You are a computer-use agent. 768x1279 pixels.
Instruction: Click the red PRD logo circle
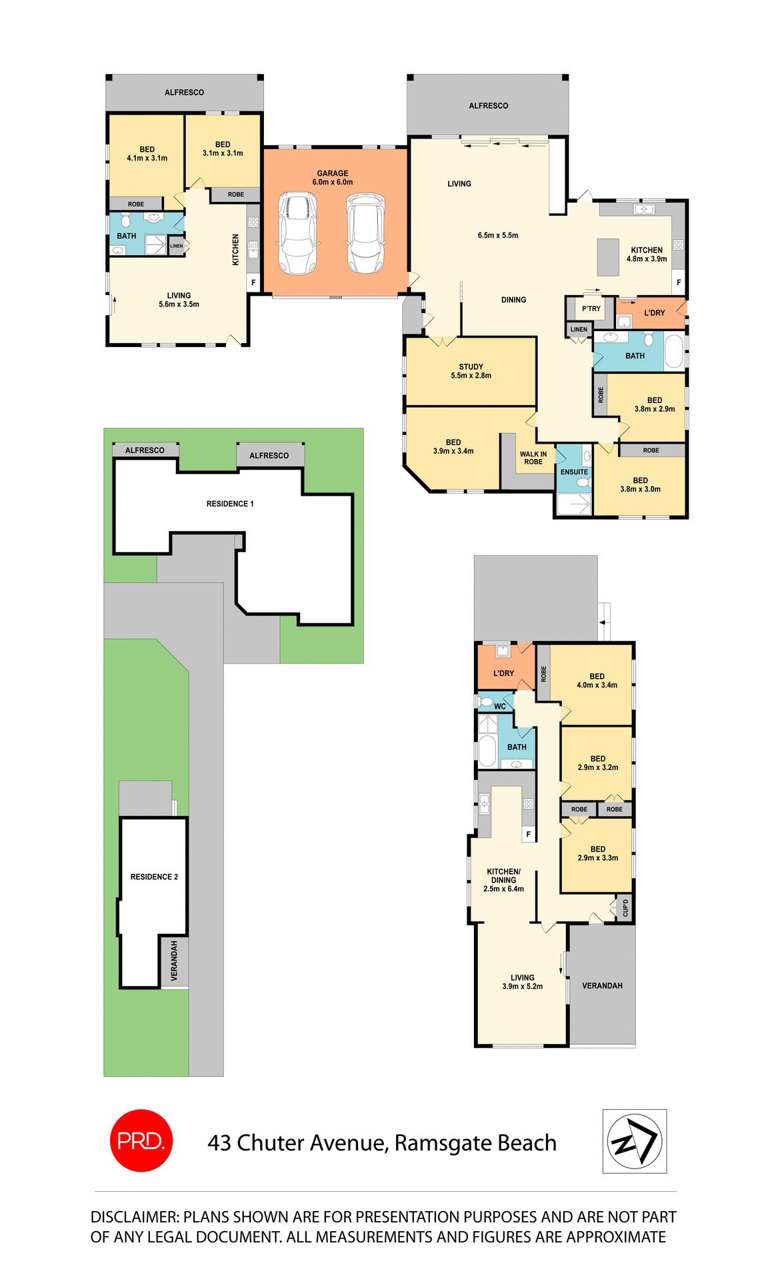(x=141, y=1140)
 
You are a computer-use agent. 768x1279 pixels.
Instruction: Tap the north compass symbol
(x=635, y=1141)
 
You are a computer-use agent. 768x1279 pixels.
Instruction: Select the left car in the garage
(x=297, y=233)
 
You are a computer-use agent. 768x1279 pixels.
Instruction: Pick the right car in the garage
(x=365, y=233)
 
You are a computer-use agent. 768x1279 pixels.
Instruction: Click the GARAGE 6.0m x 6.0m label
(x=333, y=178)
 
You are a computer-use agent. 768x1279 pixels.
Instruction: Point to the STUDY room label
(x=471, y=371)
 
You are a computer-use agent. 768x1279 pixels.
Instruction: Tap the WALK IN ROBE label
(x=533, y=458)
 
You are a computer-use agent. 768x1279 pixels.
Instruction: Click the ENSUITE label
(x=574, y=472)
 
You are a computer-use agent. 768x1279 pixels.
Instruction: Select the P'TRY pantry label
(x=591, y=308)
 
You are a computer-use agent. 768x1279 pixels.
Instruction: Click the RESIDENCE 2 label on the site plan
(x=154, y=877)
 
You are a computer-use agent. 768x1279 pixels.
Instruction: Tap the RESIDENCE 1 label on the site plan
(x=230, y=504)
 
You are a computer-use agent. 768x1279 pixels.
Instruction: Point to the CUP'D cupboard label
(x=625, y=908)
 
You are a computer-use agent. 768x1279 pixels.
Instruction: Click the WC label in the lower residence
(x=500, y=706)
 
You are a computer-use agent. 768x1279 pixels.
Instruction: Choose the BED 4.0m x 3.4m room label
(x=597, y=680)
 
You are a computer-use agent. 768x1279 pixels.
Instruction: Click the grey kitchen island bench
(x=608, y=257)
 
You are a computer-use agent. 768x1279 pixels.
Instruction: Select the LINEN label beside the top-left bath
(x=176, y=246)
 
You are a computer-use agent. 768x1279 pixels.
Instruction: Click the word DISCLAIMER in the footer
(x=134, y=1217)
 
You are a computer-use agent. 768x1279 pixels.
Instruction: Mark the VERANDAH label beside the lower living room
(x=602, y=985)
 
